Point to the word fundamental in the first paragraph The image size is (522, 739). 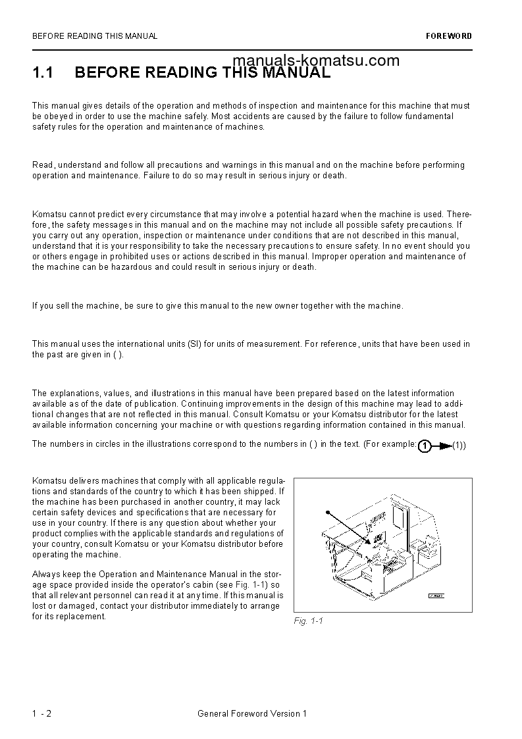[430, 116]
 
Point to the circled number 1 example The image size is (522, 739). [425, 446]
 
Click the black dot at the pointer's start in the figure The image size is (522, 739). [326, 512]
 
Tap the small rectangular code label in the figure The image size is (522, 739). [436, 596]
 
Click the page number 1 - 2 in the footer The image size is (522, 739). [41, 713]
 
